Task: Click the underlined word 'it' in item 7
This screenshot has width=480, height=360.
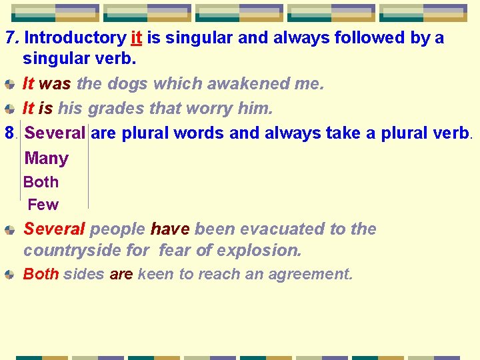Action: click(137, 38)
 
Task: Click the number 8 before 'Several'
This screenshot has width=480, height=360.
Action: click(9, 133)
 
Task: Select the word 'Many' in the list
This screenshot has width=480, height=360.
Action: click(46, 159)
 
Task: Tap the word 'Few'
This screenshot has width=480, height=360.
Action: click(43, 205)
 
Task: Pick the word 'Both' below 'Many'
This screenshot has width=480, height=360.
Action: click(41, 182)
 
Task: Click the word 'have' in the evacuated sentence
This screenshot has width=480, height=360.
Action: click(170, 229)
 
